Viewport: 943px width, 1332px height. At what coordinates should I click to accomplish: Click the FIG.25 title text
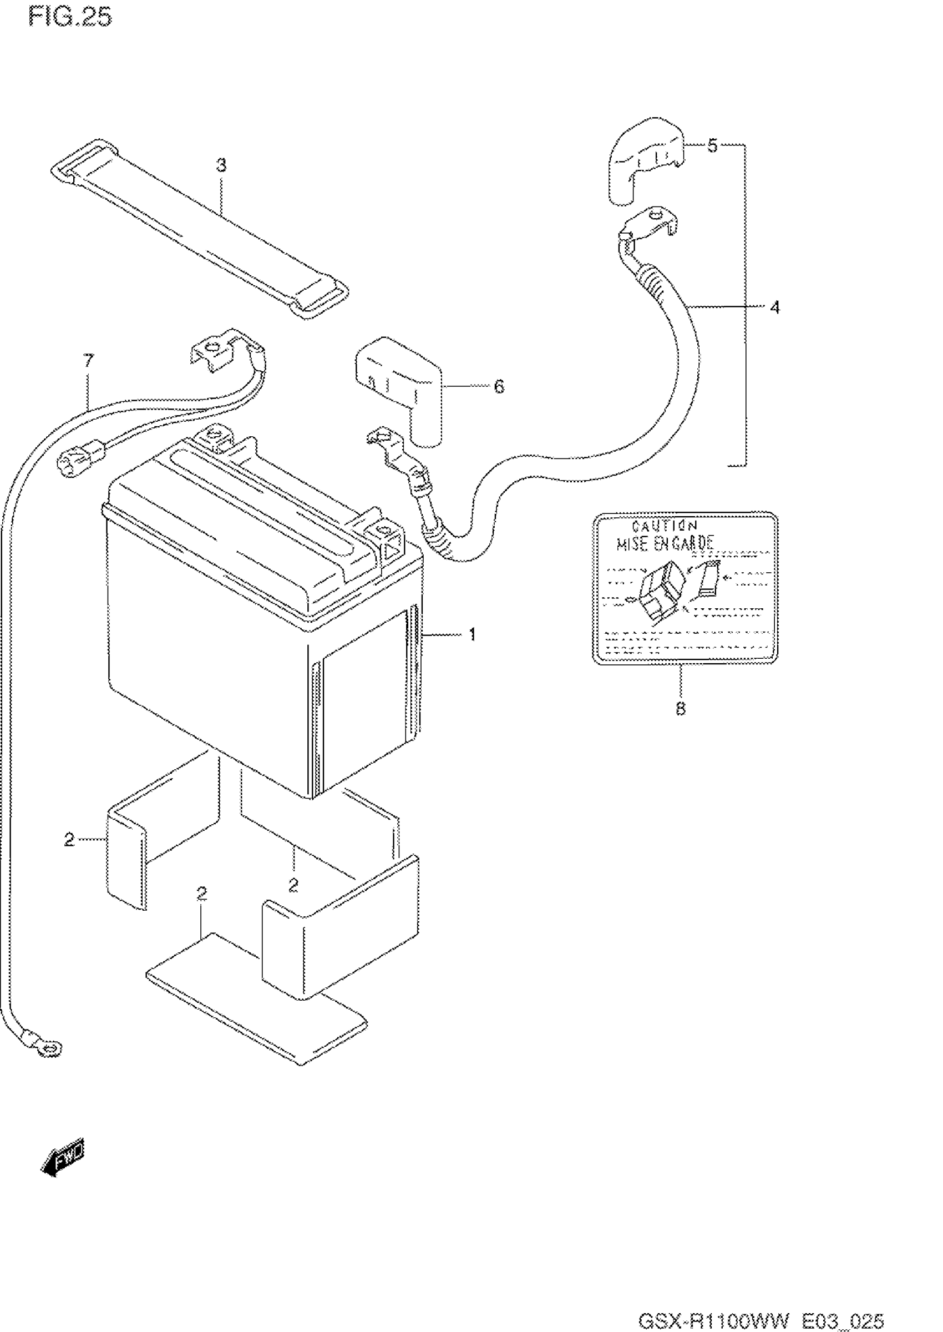pyautogui.click(x=70, y=17)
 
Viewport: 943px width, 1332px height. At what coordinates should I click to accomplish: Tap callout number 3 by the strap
pyautogui.click(x=221, y=165)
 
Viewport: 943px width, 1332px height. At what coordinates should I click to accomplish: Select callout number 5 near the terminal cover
pyautogui.click(x=712, y=145)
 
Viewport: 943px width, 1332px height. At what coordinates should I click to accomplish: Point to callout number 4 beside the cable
pyautogui.click(x=774, y=307)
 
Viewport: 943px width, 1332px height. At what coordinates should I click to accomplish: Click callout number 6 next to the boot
pyautogui.click(x=499, y=386)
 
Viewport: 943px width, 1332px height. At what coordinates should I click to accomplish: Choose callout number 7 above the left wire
pyautogui.click(x=88, y=361)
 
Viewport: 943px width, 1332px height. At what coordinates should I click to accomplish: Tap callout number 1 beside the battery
pyautogui.click(x=473, y=634)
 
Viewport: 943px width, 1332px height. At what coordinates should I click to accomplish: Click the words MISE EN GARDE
pyautogui.click(x=665, y=544)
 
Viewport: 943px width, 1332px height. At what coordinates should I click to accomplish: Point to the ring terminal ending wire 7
pyautogui.click(x=49, y=1048)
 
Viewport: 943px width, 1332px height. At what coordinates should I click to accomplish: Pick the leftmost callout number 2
pyautogui.click(x=69, y=839)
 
